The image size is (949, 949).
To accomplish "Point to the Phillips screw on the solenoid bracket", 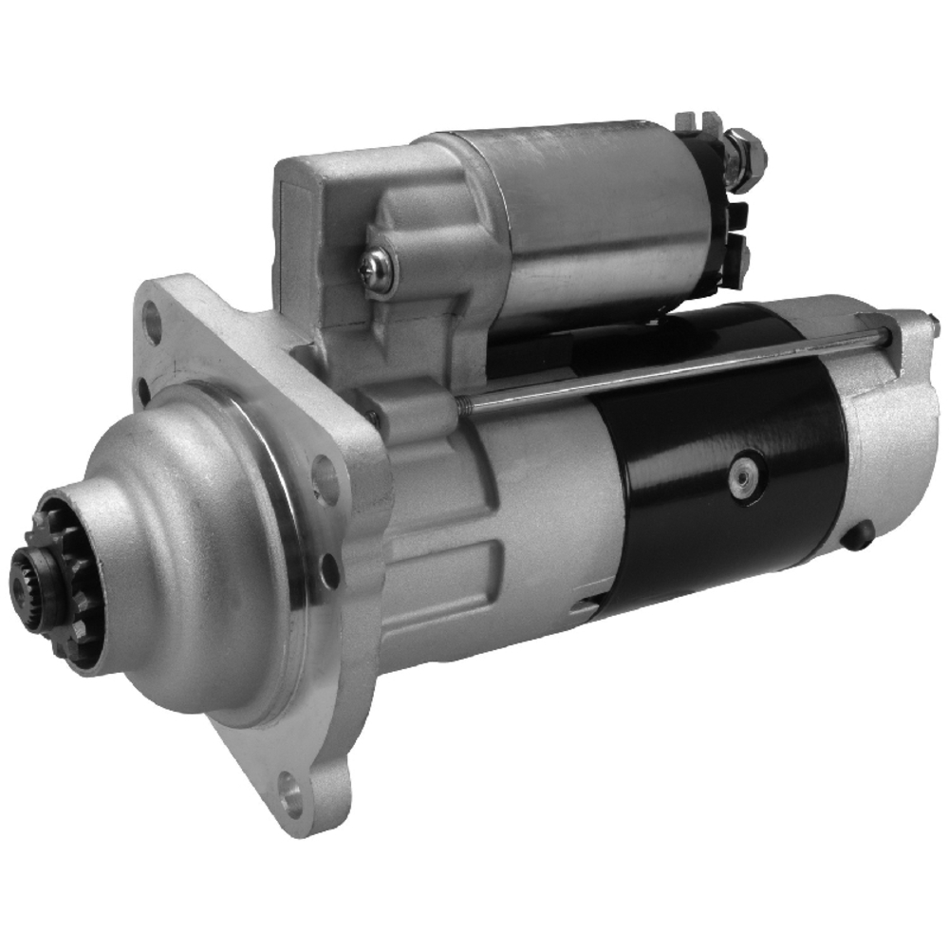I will tap(378, 270).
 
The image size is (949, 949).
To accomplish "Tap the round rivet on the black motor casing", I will tap(745, 475).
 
